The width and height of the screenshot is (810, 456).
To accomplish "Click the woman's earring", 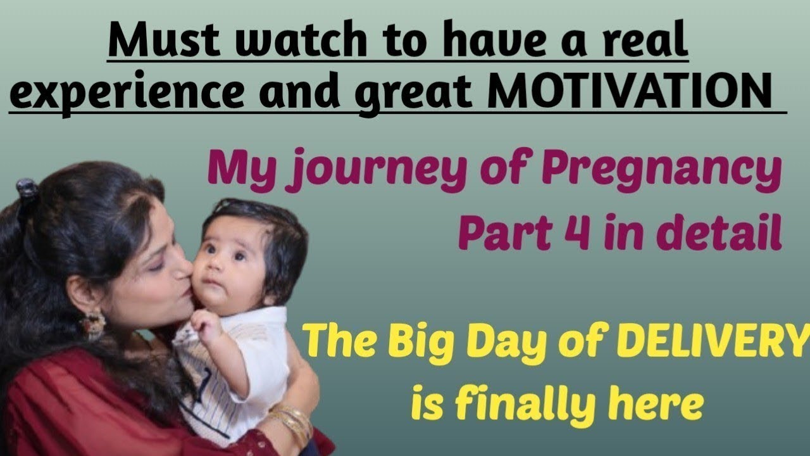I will click(x=94, y=323).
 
